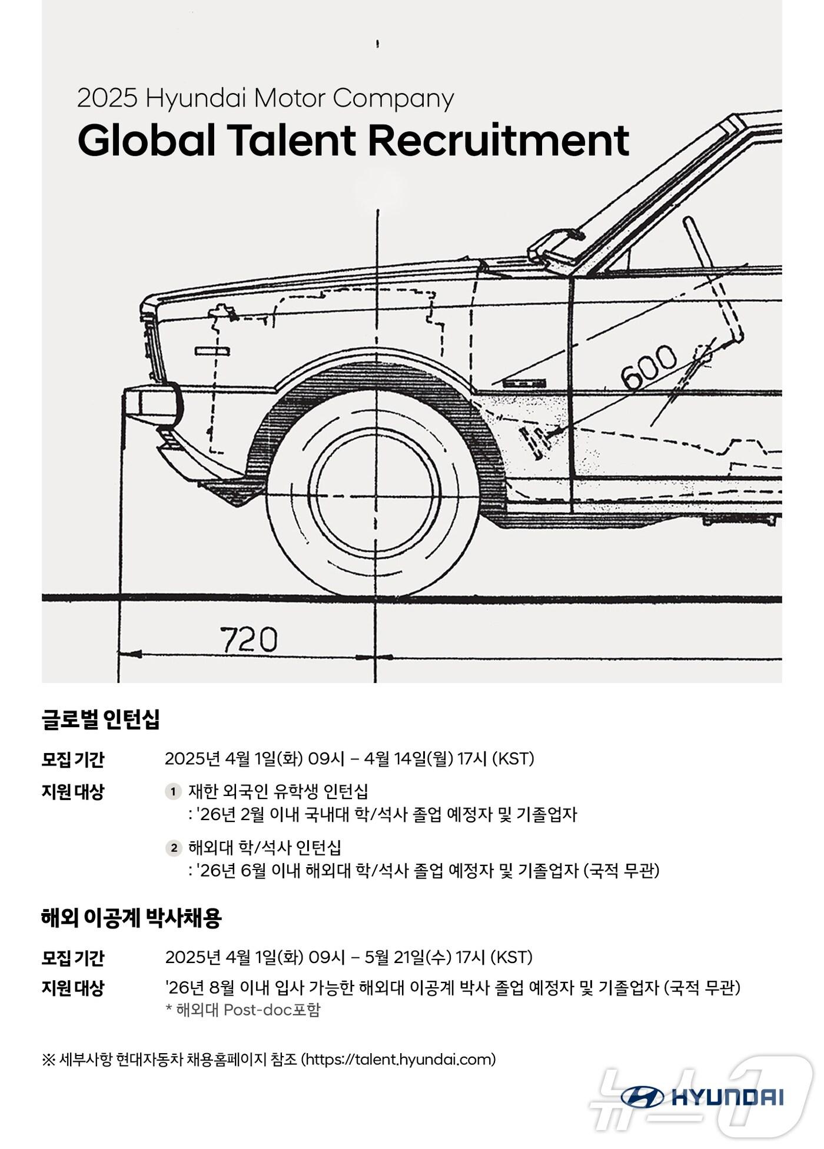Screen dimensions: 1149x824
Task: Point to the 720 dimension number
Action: tap(248, 640)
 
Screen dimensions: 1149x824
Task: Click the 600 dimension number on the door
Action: tap(649, 368)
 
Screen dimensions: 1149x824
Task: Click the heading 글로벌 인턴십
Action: tap(101, 719)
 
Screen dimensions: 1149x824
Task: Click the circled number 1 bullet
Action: tap(173, 792)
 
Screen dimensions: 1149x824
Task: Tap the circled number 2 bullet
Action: tap(173, 848)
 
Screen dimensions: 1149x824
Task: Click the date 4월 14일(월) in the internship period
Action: tap(408, 759)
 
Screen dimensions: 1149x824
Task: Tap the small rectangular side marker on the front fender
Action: tap(212, 351)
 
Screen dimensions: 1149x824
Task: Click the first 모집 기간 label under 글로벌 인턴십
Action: tap(72, 760)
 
